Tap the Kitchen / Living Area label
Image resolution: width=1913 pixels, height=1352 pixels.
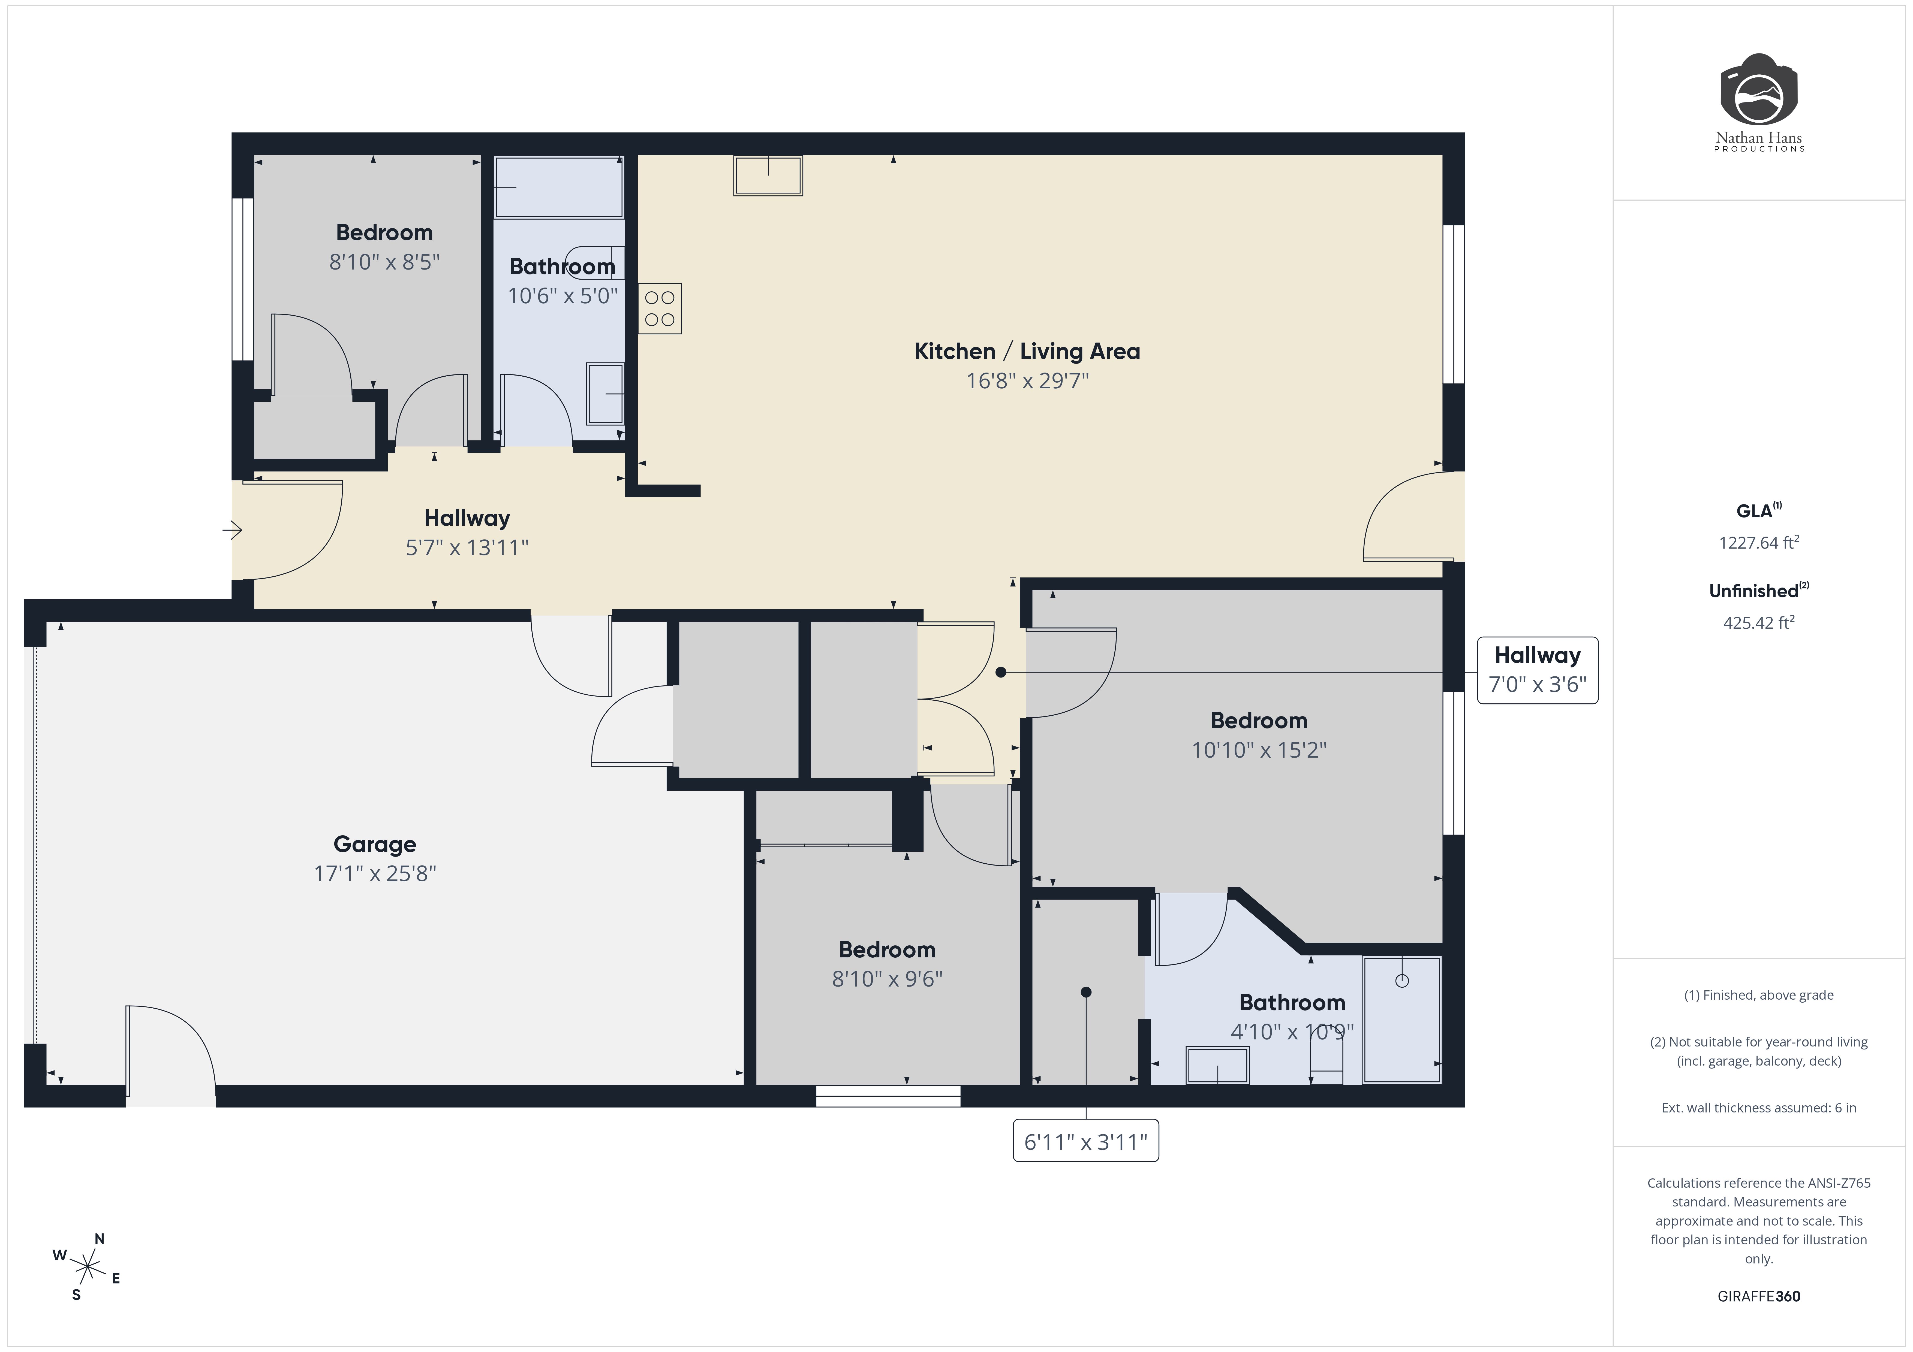1027,352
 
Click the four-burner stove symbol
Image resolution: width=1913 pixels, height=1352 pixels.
660,309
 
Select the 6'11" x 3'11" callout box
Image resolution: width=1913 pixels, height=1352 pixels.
1085,1141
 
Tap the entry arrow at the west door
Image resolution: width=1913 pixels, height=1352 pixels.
233,530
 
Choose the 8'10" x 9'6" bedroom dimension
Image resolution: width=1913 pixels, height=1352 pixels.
886,979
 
